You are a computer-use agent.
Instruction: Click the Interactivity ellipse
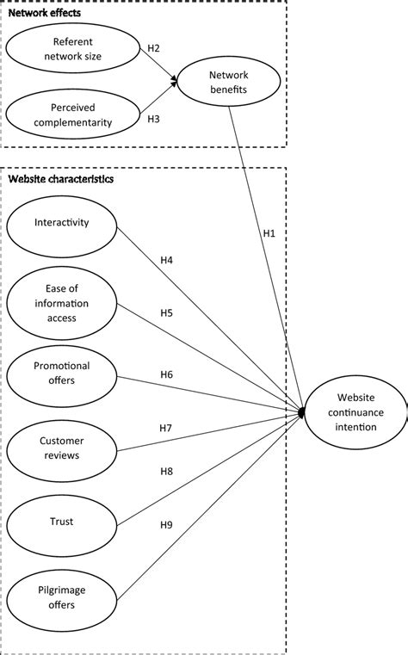(x=60, y=223)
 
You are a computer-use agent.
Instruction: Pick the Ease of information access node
(x=60, y=302)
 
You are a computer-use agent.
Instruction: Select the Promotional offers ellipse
(x=60, y=372)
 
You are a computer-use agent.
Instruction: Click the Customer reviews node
(x=60, y=442)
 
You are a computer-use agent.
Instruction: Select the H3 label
(x=153, y=120)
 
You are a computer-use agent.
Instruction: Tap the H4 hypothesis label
(x=167, y=258)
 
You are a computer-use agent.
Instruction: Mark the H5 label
(x=167, y=313)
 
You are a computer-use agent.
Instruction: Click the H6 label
(x=167, y=374)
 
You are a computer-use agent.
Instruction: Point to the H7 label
(x=166, y=428)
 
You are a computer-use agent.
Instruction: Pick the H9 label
(x=167, y=525)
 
